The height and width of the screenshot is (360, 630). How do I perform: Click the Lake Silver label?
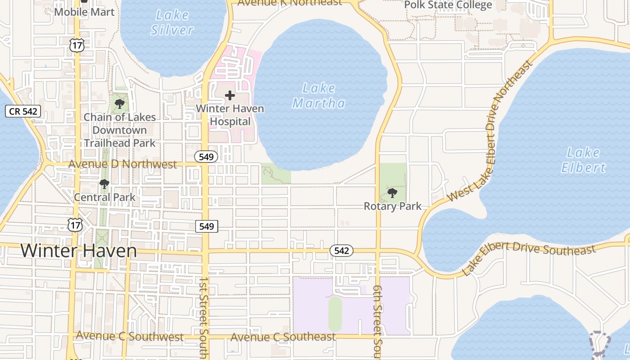[172, 22]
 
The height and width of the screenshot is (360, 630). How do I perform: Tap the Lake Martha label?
[319, 95]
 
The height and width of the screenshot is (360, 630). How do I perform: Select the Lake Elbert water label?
[583, 160]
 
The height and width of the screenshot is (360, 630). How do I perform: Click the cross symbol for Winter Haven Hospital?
[230, 95]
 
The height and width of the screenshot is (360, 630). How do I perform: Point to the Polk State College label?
[448, 5]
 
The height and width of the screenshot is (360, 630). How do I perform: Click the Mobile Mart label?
[84, 12]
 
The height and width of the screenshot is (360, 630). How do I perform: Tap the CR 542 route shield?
[23, 111]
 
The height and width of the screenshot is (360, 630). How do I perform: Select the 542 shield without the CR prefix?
[342, 251]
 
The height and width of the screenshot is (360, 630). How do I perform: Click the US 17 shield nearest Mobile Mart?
[76, 45]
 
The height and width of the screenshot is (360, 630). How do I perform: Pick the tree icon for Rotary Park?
[392, 193]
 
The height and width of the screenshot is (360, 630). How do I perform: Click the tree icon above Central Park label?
[104, 184]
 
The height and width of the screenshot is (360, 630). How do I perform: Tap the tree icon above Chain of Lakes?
[120, 104]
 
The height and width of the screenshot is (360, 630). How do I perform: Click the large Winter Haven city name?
[78, 251]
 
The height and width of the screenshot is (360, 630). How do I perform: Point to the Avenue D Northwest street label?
[122, 164]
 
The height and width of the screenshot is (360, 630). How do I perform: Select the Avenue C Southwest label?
[130, 337]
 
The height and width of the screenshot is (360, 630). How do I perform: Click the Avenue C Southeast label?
[283, 337]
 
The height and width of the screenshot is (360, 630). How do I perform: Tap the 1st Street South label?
[203, 317]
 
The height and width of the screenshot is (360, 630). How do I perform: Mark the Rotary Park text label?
[392, 207]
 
